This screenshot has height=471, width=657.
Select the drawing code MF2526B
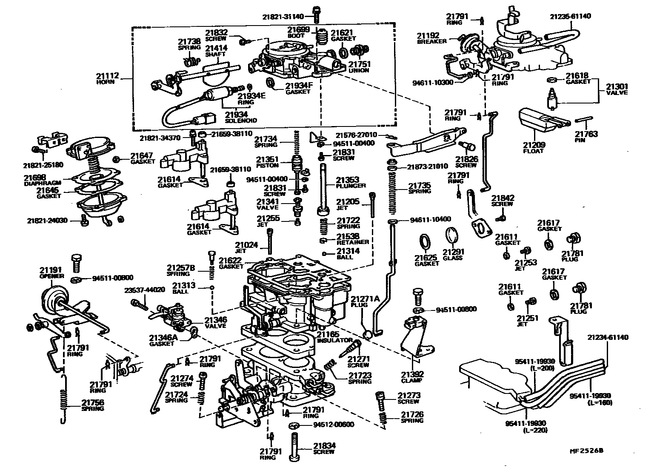(587, 450)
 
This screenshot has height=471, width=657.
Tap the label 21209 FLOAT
(534, 147)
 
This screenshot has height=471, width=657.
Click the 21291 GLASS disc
(452, 238)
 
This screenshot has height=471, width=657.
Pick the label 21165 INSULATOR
(334, 337)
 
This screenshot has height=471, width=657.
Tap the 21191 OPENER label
(51, 273)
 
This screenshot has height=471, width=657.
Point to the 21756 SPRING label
(92, 405)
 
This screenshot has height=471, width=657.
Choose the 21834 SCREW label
(324, 448)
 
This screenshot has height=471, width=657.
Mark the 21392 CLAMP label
(412, 377)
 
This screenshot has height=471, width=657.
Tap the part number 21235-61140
(570, 16)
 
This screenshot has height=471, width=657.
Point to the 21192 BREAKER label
(431, 38)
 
